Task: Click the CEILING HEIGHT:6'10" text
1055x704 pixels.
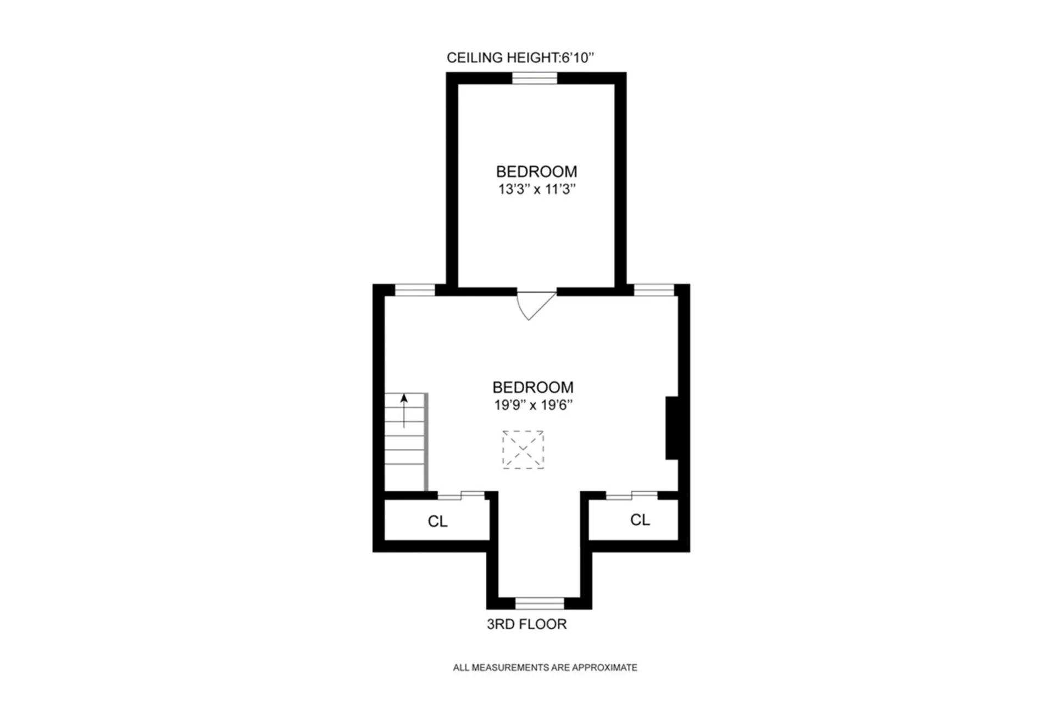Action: pyautogui.click(x=520, y=58)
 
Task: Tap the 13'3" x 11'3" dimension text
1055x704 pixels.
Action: pyautogui.click(x=536, y=189)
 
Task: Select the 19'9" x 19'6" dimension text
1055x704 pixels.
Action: pyautogui.click(x=533, y=405)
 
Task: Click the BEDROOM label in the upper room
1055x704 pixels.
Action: pyautogui.click(x=536, y=172)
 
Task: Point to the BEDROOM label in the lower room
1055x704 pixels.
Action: pyautogui.click(x=532, y=387)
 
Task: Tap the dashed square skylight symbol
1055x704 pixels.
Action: pyautogui.click(x=523, y=449)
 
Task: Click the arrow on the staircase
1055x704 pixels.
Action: pyautogui.click(x=404, y=410)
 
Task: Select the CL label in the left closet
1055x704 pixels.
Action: pyautogui.click(x=437, y=521)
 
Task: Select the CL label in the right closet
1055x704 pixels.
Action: pyautogui.click(x=640, y=520)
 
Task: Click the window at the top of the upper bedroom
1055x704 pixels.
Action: pyautogui.click(x=535, y=79)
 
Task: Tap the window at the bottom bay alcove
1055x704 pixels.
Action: pyautogui.click(x=540, y=603)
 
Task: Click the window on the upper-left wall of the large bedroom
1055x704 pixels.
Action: pyautogui.click(x=415, y=290)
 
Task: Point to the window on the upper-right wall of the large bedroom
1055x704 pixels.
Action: pyautogui.click(x=654, y=290)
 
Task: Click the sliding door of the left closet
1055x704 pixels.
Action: pyautogui.click(x=461, y=495)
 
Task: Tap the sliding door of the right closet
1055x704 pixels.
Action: pyautogui.click(x=631, y=495)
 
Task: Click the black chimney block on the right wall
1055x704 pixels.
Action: pyautogui.click(x=671, y=427)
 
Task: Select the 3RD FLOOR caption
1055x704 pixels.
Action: pyautogui.click(x=526, y=624)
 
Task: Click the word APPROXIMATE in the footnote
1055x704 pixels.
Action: pyautogui.click(x=604, y=668)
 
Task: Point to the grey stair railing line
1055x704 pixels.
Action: pyautogui.click(x=426, y=442)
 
